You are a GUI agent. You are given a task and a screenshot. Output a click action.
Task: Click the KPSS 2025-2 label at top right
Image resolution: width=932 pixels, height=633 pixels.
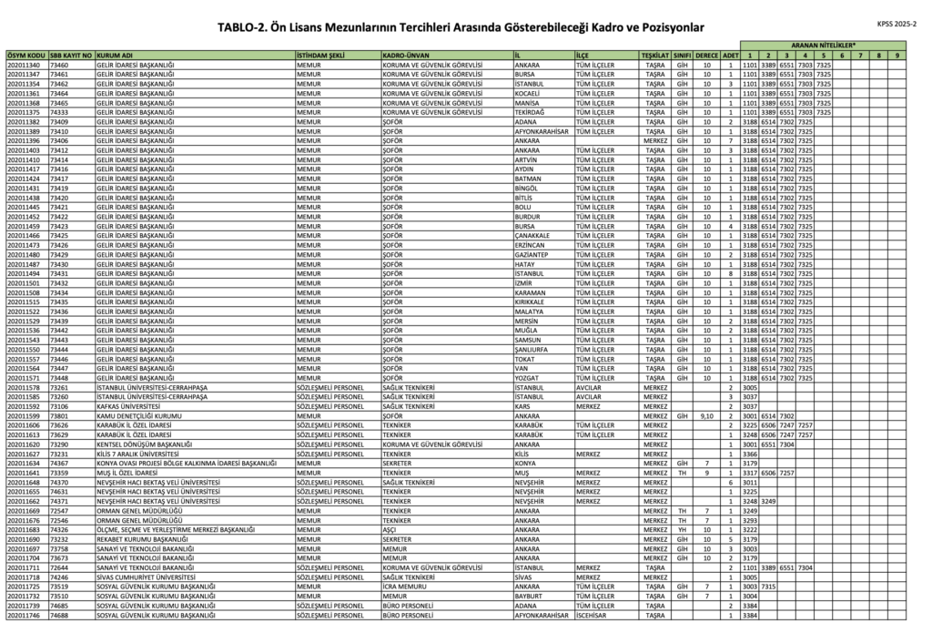point(899,25)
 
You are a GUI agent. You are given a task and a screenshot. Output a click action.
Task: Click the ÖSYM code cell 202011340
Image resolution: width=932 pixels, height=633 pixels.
point(24,66)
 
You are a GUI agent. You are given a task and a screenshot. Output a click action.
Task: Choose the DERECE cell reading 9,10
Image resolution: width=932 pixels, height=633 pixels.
point(707,415)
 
